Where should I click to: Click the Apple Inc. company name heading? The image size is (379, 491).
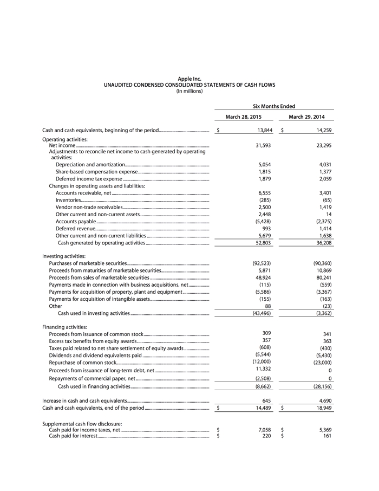pos(190,79)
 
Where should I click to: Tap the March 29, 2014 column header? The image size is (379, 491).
pos(307,117)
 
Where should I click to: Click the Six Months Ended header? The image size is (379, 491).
pos(275,106)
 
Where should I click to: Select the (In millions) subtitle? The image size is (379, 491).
pos(190,91)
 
